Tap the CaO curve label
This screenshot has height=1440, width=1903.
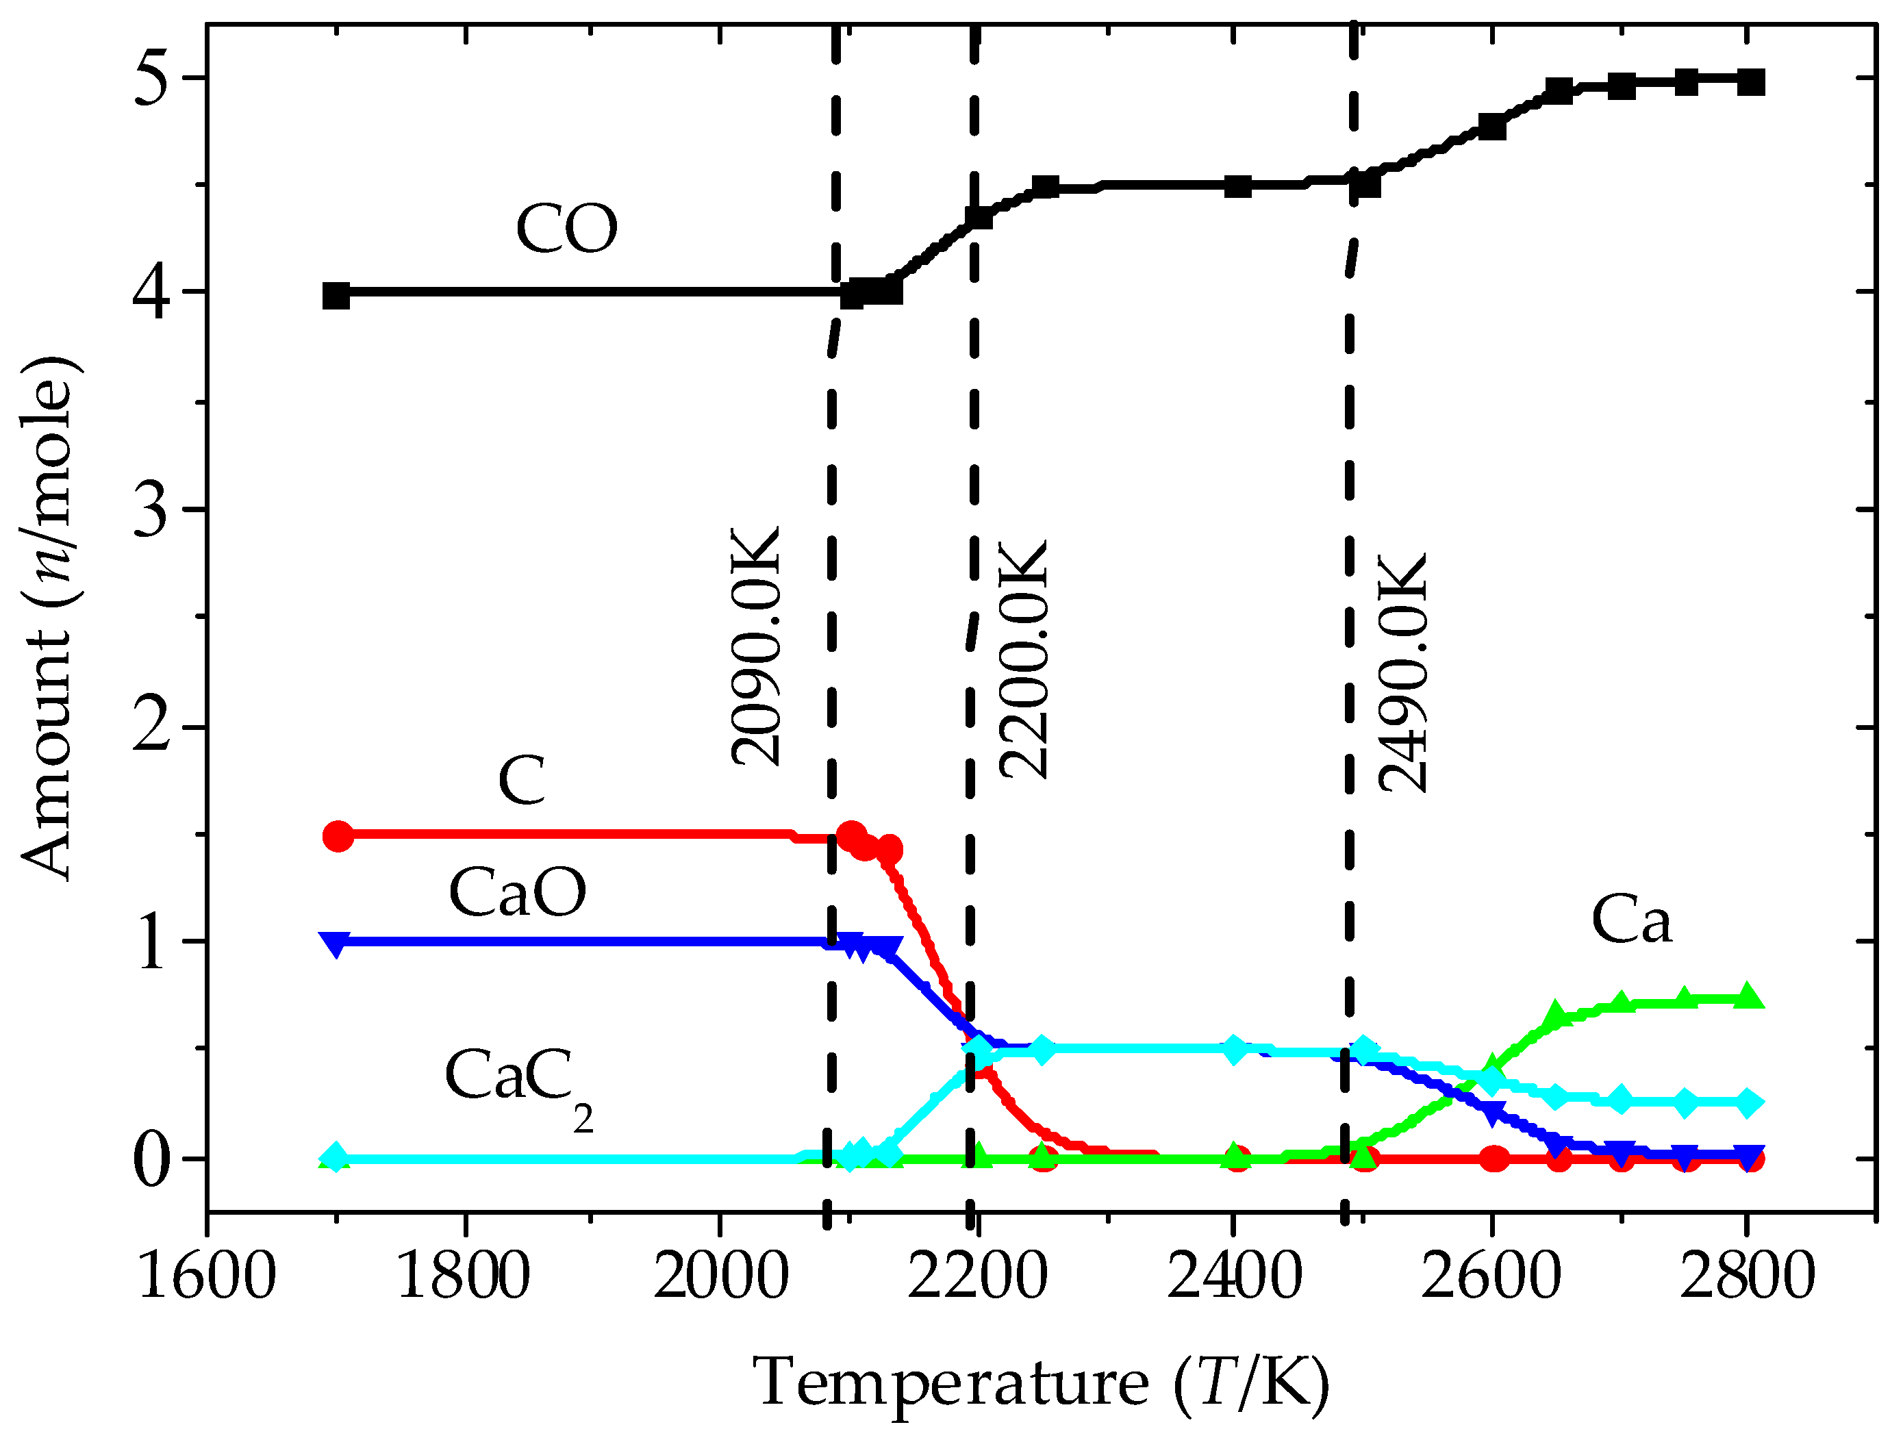tap(517, 892)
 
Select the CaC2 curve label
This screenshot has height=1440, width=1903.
tap(517, 1080)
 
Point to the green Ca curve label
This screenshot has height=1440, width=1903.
tap(1631, 920)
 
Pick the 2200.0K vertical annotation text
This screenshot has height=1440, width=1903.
tap(1024, 659)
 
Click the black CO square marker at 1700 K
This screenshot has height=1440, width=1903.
tap(336, 295)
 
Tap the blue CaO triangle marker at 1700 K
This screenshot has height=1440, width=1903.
tap(336, 944)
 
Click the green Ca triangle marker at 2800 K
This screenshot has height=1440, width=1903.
tap(1746, 996)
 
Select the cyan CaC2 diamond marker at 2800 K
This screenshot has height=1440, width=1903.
tap(1746, 1102)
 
